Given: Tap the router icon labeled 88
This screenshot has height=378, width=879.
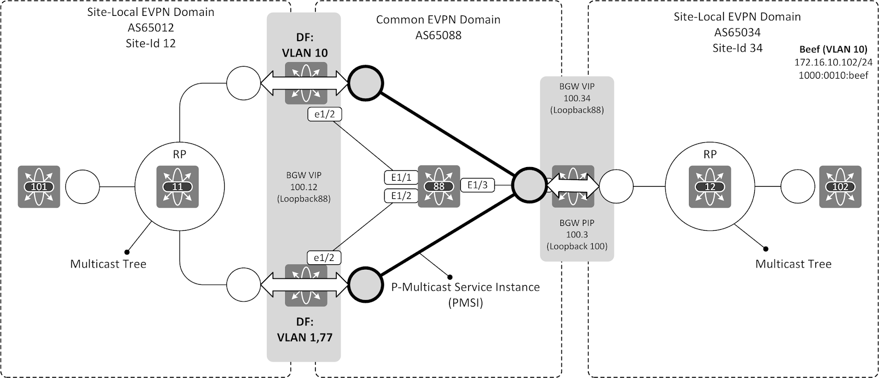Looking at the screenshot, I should pyautogui.click(x=438, y=186).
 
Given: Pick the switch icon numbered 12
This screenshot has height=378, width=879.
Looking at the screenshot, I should pyautogui.click(x=710, y=187).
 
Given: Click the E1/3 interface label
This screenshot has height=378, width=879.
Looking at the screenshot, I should pyautogui.click(x=477, y=185).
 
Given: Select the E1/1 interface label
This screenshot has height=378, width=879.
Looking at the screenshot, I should pyautogui.click(x=401, y=177).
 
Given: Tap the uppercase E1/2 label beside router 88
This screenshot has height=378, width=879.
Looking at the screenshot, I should pyautogui.click(x=401, y=195).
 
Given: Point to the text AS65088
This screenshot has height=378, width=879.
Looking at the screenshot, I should pyautogui.click(x=438, y=36).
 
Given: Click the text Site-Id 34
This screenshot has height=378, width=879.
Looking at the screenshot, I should pyautogui.click(x=737, y=48).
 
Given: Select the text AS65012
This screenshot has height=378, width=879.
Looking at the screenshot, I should pyautogui.click(x=151, y=27).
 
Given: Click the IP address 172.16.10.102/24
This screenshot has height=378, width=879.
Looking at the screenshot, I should pyautogui.click(x=833, y=63).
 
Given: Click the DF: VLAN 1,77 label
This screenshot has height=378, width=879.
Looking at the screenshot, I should pyautogui.click(x=303, y=329).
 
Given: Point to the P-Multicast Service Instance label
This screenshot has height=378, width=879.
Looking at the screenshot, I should pyautogui.click(x=465, y=287).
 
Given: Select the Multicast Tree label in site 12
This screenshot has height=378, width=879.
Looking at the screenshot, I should pyautogui.click(x=108, y=264).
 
